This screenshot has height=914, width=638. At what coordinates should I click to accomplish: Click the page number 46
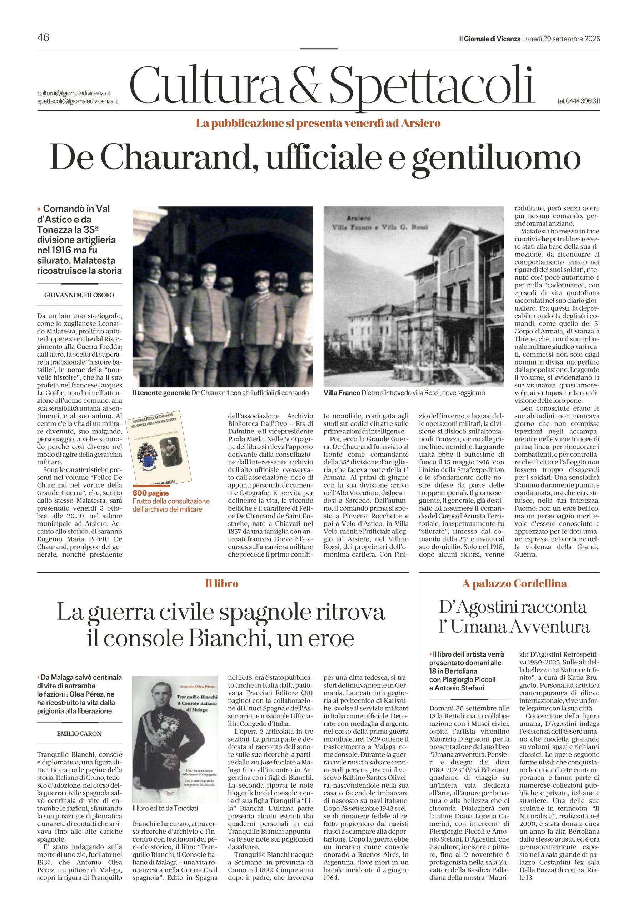tap(43, 38)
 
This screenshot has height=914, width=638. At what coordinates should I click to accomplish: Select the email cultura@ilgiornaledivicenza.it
tap(74, 93)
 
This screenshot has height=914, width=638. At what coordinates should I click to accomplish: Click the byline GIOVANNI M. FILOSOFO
tap(79, 295)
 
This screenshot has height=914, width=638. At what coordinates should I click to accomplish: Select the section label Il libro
tap(222, 584)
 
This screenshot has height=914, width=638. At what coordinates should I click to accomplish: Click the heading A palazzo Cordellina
tap(514, 584)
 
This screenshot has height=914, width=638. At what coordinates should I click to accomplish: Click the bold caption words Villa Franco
tap(341, 393)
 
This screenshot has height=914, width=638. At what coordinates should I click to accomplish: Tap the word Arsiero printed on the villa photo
tap(358, 218)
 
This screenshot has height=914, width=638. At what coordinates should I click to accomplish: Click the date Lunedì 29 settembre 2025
tap(561, 39)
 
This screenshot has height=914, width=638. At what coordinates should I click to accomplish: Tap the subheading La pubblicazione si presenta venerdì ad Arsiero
tap(318, 124)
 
